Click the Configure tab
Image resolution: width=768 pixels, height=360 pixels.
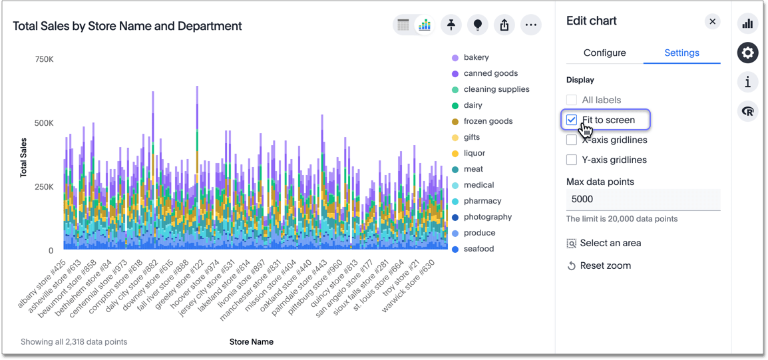pyautogui.click(x=604, y=53)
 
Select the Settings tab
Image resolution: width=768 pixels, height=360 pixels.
pyautogui.click(x=681, y=53)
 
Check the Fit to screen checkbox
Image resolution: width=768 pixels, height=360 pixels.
pyautogui.click(x=572, y=120)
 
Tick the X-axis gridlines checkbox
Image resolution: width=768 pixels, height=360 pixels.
pyautogui.click(x=572, y=140)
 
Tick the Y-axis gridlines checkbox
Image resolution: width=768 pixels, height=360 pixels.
pyautogui.click(x=572, y=160)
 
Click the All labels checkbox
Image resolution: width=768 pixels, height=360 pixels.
pyautogui.click(x=572, y=100)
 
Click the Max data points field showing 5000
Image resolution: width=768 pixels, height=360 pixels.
pyautogui.click(x=642, y=199)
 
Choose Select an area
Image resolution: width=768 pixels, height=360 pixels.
pyautogui.click(x=610, y=243)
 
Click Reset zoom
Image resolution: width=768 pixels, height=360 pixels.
pyautogui.click(x=605, y=266)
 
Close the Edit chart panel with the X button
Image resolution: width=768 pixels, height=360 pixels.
pyautogui.click(x=712, y=21)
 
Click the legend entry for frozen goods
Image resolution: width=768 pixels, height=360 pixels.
pyautogui.click(x=488, y=121)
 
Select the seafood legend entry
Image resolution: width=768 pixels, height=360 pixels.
pyautogui.click(x=479, y=249)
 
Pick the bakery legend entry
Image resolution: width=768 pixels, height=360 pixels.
pyautogui.click(x=476, y=57)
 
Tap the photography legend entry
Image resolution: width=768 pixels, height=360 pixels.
pyautogui.click(x=488, y=217)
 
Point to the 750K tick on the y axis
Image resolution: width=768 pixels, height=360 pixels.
pyautogui.click(x=44, y=59)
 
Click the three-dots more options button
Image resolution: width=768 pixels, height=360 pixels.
pyautogui.click(x=530, y=25)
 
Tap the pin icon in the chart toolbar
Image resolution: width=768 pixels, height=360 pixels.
pyautogui.click(x=451, y=25)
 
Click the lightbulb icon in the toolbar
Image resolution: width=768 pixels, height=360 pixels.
pyautogui.click(x=477, y=25)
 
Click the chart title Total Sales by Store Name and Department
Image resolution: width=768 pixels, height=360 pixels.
pyautogui.click(x=127, y=26)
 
